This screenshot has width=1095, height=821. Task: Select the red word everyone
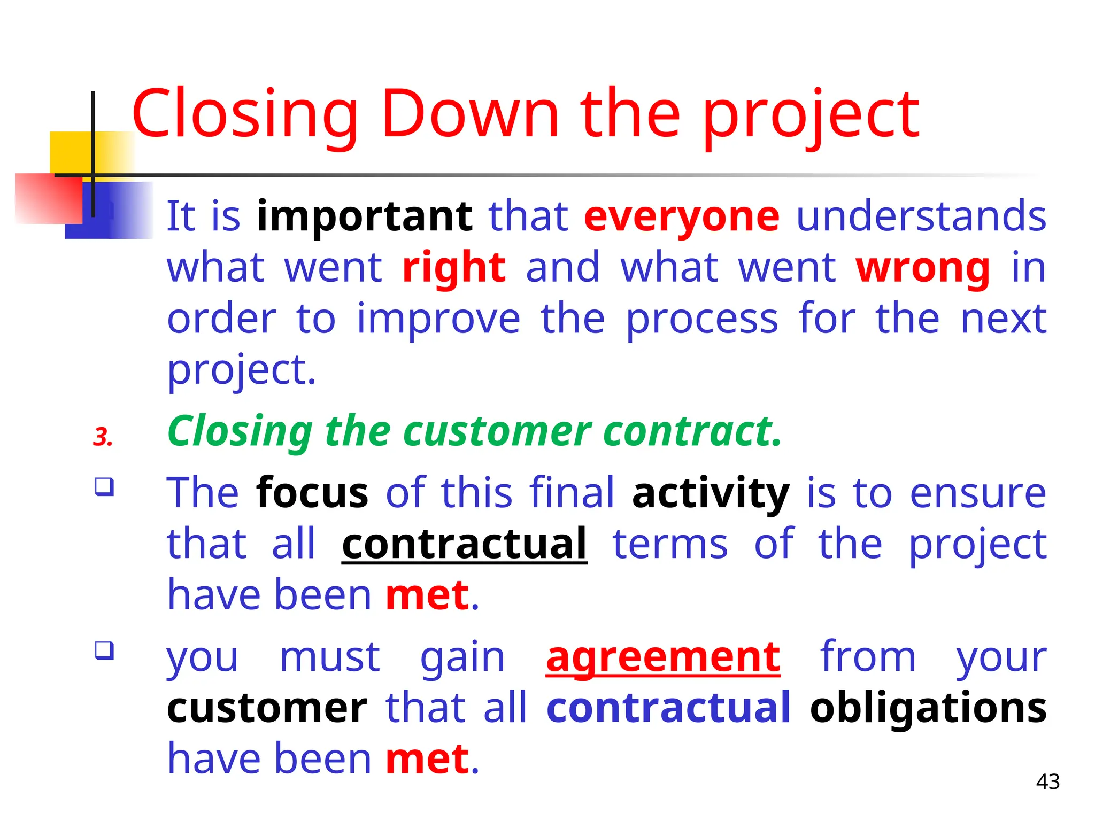pyautogui.click(x=682, y=216)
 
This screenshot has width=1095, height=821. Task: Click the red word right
pyautogui.click(x=454, y=267)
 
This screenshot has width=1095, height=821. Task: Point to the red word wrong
pyautogui.click(x=923, y=267)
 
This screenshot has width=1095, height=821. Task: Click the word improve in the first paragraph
pyautogui.click(x=438, y=319)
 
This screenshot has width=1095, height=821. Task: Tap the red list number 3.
pyautogui.click(x=102, y=437)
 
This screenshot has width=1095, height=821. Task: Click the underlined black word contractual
pyautogui.click(x=464, y=544)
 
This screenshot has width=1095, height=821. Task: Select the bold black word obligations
pyautogui.click(x=928, y=708)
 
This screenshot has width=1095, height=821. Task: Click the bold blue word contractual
pyautogui.click(x=668, y=708)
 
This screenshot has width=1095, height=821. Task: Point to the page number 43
pyautogui.click(x=1047, y=782)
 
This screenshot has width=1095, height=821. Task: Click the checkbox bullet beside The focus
pyautogui.click(x=104, y=486)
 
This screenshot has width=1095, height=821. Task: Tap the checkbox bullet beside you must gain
pyautogui.click(x=104, y=650)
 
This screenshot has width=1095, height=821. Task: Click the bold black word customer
pyautogui.click(x=267, y=708)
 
